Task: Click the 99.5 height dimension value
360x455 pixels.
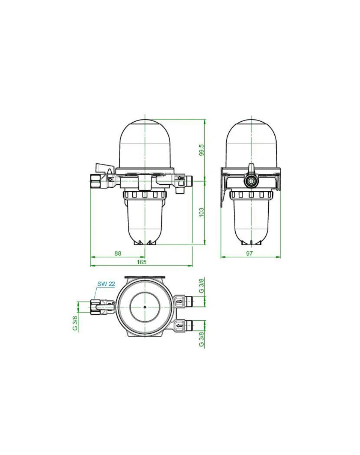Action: click(x=201, y=150)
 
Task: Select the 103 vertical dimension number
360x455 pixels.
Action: click(x=201, y=212)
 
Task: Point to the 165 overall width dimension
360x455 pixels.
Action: click(x=141, y=262)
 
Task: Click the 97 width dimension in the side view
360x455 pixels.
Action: click(x=249, y=254)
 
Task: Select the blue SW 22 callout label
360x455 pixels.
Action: click(x=106, y=284)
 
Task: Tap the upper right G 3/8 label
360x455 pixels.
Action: click(x=201, y=286)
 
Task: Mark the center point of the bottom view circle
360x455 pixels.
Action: click(x=145, y=307)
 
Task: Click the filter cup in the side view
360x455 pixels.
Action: click(x=250, y=220)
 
